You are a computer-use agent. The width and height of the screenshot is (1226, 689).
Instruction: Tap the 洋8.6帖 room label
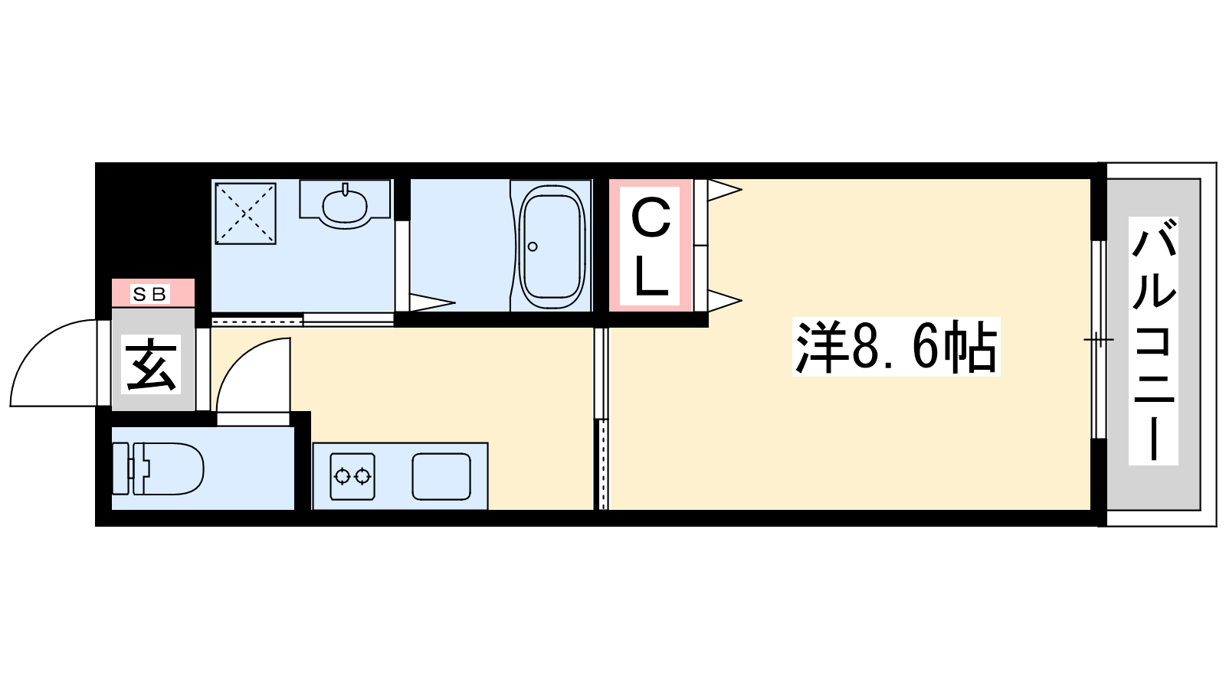pyautogui.click(x=896, y=347)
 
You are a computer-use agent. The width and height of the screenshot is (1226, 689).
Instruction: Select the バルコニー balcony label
pyautogui.click(x=1153, y=341)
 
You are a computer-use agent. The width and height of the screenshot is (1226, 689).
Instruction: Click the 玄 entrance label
pyautogui.click(x=151, y=364)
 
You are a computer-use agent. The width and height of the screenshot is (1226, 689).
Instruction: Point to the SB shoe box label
pyautogui.click(x=150, y=294)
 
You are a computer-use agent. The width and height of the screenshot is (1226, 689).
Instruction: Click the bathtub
pyautogui.click(x=552, y=247)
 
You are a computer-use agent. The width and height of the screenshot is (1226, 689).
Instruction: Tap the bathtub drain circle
pyautogui.click(x=533, y=247)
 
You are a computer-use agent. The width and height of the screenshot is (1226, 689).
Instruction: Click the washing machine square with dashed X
pyautogui.click(x=246, y=214)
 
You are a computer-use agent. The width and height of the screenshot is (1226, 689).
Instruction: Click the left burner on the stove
pyautogui.click(x=342, y=476)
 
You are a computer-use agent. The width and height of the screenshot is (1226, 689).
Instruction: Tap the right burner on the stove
pyautogui.click(x=362, y=476)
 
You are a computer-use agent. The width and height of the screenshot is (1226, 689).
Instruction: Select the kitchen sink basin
pyautogui.click(x=441, y=476)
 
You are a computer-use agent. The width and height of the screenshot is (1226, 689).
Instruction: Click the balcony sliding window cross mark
pyautogui.click(x=1099, y=340)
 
